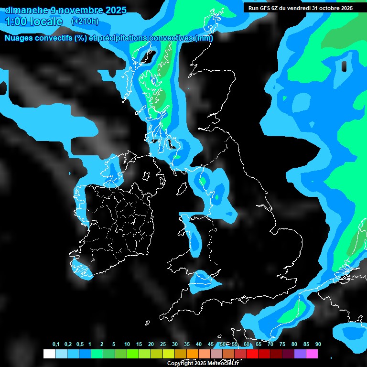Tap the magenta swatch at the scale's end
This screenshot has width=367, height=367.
pyautogui.click(x=312, y=354)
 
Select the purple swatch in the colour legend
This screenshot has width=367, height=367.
pyautogui.click(x=300, y=354)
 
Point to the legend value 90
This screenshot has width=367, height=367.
pyautogui.click(x=318, y=345)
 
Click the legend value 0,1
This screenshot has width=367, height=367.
pyautogui.click(x=56, y=345)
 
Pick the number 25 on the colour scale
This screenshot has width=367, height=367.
pyautogui.click(x=163, y=345)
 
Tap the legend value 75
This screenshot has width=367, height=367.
pyautogui.click(x=282, y=345)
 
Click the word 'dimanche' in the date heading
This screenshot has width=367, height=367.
pyautogui.click(x=27, y=10)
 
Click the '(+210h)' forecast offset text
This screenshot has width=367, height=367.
pyautogui.click(x=85, y=22)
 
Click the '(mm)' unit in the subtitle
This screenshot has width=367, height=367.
pyautogui.click(x=204, y=38)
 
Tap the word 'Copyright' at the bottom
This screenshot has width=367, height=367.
pyautogui.click(x=180, y=363)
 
